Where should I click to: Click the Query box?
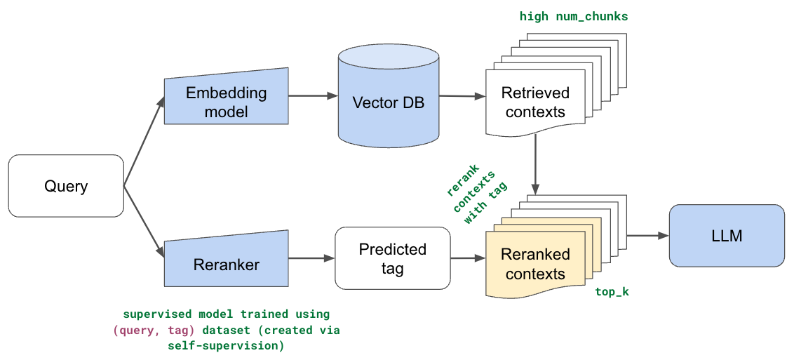(66, 186)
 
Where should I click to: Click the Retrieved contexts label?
(535, 102)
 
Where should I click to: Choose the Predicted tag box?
(392, 258)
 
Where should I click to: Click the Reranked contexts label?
(536, 264)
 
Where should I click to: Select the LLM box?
(727, 236)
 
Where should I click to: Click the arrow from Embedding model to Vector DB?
(313, 96)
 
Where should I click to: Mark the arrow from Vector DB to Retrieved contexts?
(461, 96)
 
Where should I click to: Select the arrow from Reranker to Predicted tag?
(311, 258)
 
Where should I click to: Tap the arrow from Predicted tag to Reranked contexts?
(468, 258)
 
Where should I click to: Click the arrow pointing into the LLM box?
(647, 236)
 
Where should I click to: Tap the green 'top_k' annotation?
(612, 291)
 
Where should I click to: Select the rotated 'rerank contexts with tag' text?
(477, 194)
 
